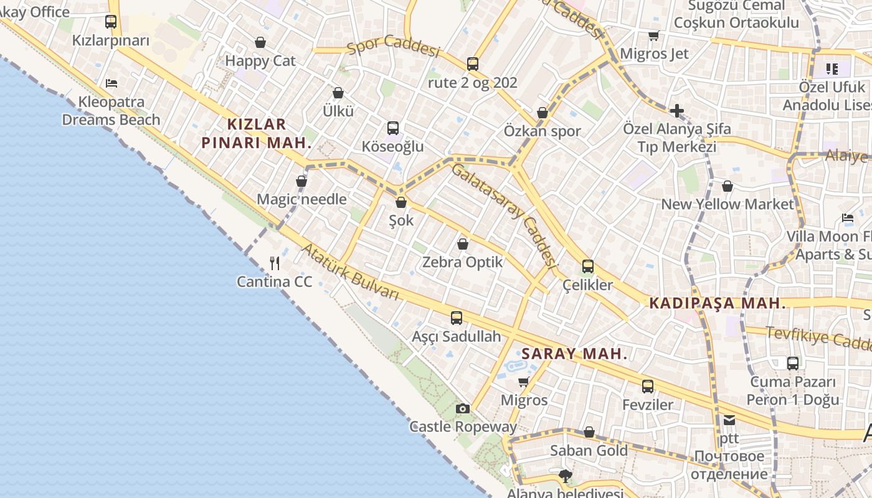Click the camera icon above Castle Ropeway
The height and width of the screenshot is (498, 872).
click(x=462, y=408)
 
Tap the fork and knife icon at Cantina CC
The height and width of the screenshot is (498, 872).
click(x=275, y=263)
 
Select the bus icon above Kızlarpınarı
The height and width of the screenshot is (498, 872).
click(x=111, y=22)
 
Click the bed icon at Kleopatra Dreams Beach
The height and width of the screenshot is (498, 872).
click(x=111, y=83)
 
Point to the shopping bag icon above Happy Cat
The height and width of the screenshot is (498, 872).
click(x=260, y=42)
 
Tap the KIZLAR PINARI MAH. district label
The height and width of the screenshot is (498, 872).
click(x=256, y=133)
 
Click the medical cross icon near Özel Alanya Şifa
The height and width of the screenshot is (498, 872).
click(x=676, y=111)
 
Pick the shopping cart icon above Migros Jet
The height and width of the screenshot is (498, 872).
click(x=653, y=35)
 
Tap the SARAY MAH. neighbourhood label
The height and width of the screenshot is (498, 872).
click(x=574, y=354)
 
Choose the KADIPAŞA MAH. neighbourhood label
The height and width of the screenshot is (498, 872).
click(x=717, y=303)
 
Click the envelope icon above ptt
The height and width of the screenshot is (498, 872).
click(x=729, y=420)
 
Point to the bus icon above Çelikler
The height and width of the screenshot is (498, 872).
click(x=587, y=266)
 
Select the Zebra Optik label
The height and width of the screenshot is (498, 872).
click(x=462, y=262)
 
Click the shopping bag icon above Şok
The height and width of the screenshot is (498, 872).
click(x=401, y=202)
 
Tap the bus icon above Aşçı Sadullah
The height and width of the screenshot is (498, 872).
click(x=457, y=318)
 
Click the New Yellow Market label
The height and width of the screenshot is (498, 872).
click(x=727, y=204)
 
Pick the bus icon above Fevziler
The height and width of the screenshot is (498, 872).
click(x=648, y=386)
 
